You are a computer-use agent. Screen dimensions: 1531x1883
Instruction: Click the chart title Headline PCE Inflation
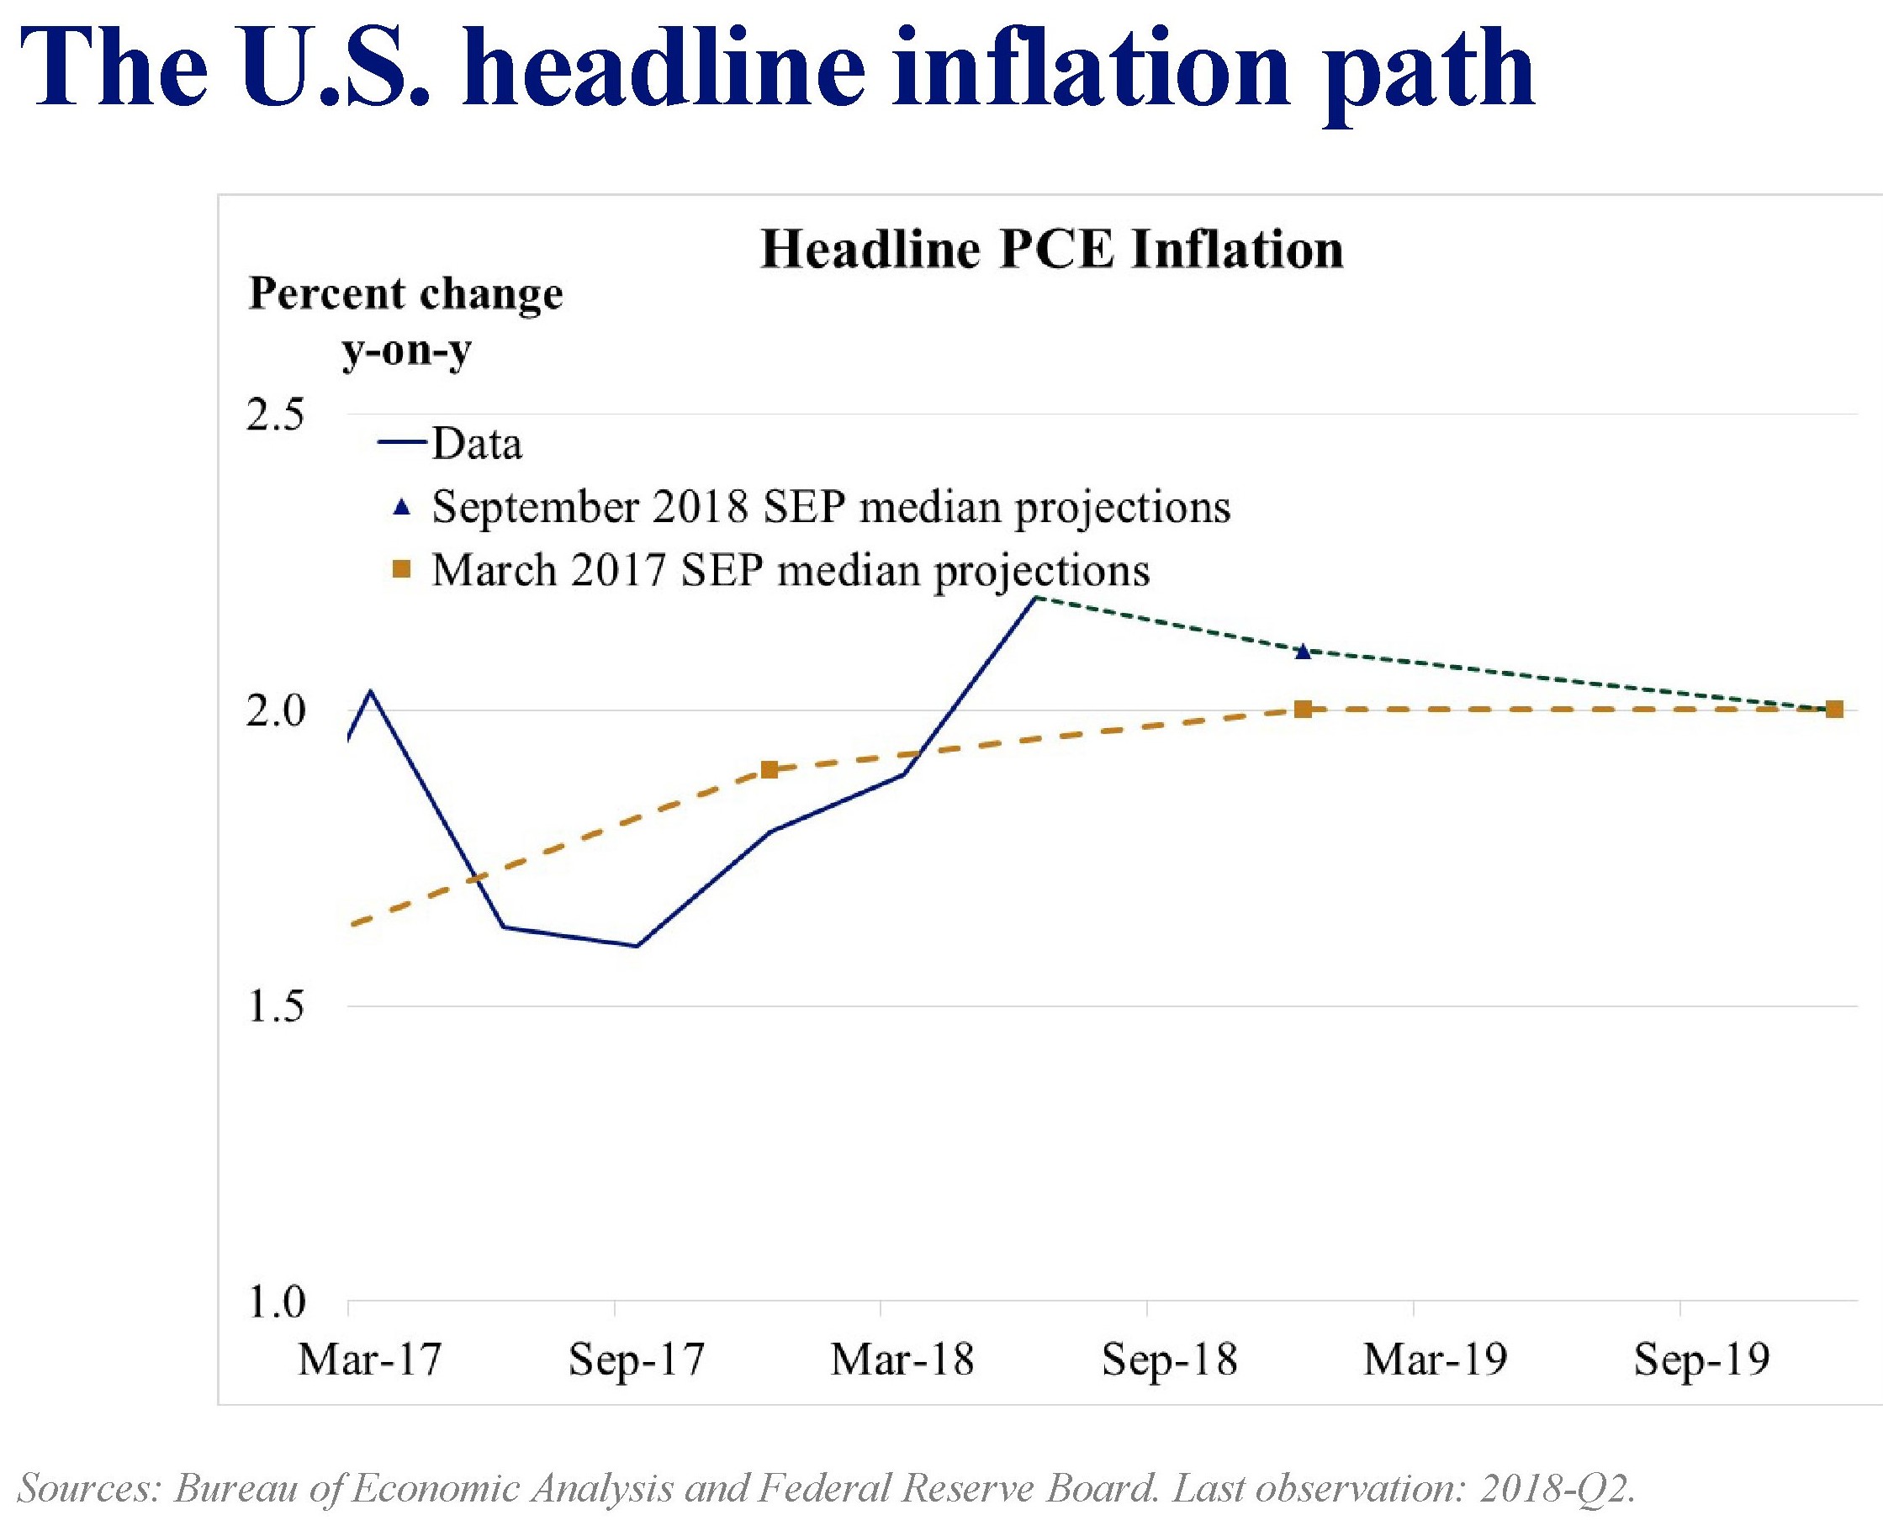coord(1051,250)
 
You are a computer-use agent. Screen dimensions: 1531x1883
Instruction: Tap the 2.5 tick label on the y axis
coord(275,414)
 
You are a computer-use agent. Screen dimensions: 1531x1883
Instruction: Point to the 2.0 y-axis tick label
coord(275,710)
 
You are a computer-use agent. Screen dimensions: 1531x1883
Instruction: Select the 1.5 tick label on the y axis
coord(275,1006)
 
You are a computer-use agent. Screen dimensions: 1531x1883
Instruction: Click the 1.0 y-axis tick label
coord(275,1301)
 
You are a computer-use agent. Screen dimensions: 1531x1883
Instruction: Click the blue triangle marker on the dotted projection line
coord(1303,652)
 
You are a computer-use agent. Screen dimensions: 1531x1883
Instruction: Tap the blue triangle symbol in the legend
coord(401,507)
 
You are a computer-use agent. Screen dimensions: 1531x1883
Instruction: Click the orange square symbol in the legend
coord(401,570)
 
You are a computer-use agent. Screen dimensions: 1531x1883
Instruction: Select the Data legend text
coord(476,444)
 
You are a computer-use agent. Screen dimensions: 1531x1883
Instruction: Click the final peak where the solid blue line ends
coord(1036,597)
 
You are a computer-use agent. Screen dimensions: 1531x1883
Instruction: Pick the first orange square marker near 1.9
coord(769,770)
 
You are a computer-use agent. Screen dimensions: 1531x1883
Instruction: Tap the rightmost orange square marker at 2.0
coord(1833,709)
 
